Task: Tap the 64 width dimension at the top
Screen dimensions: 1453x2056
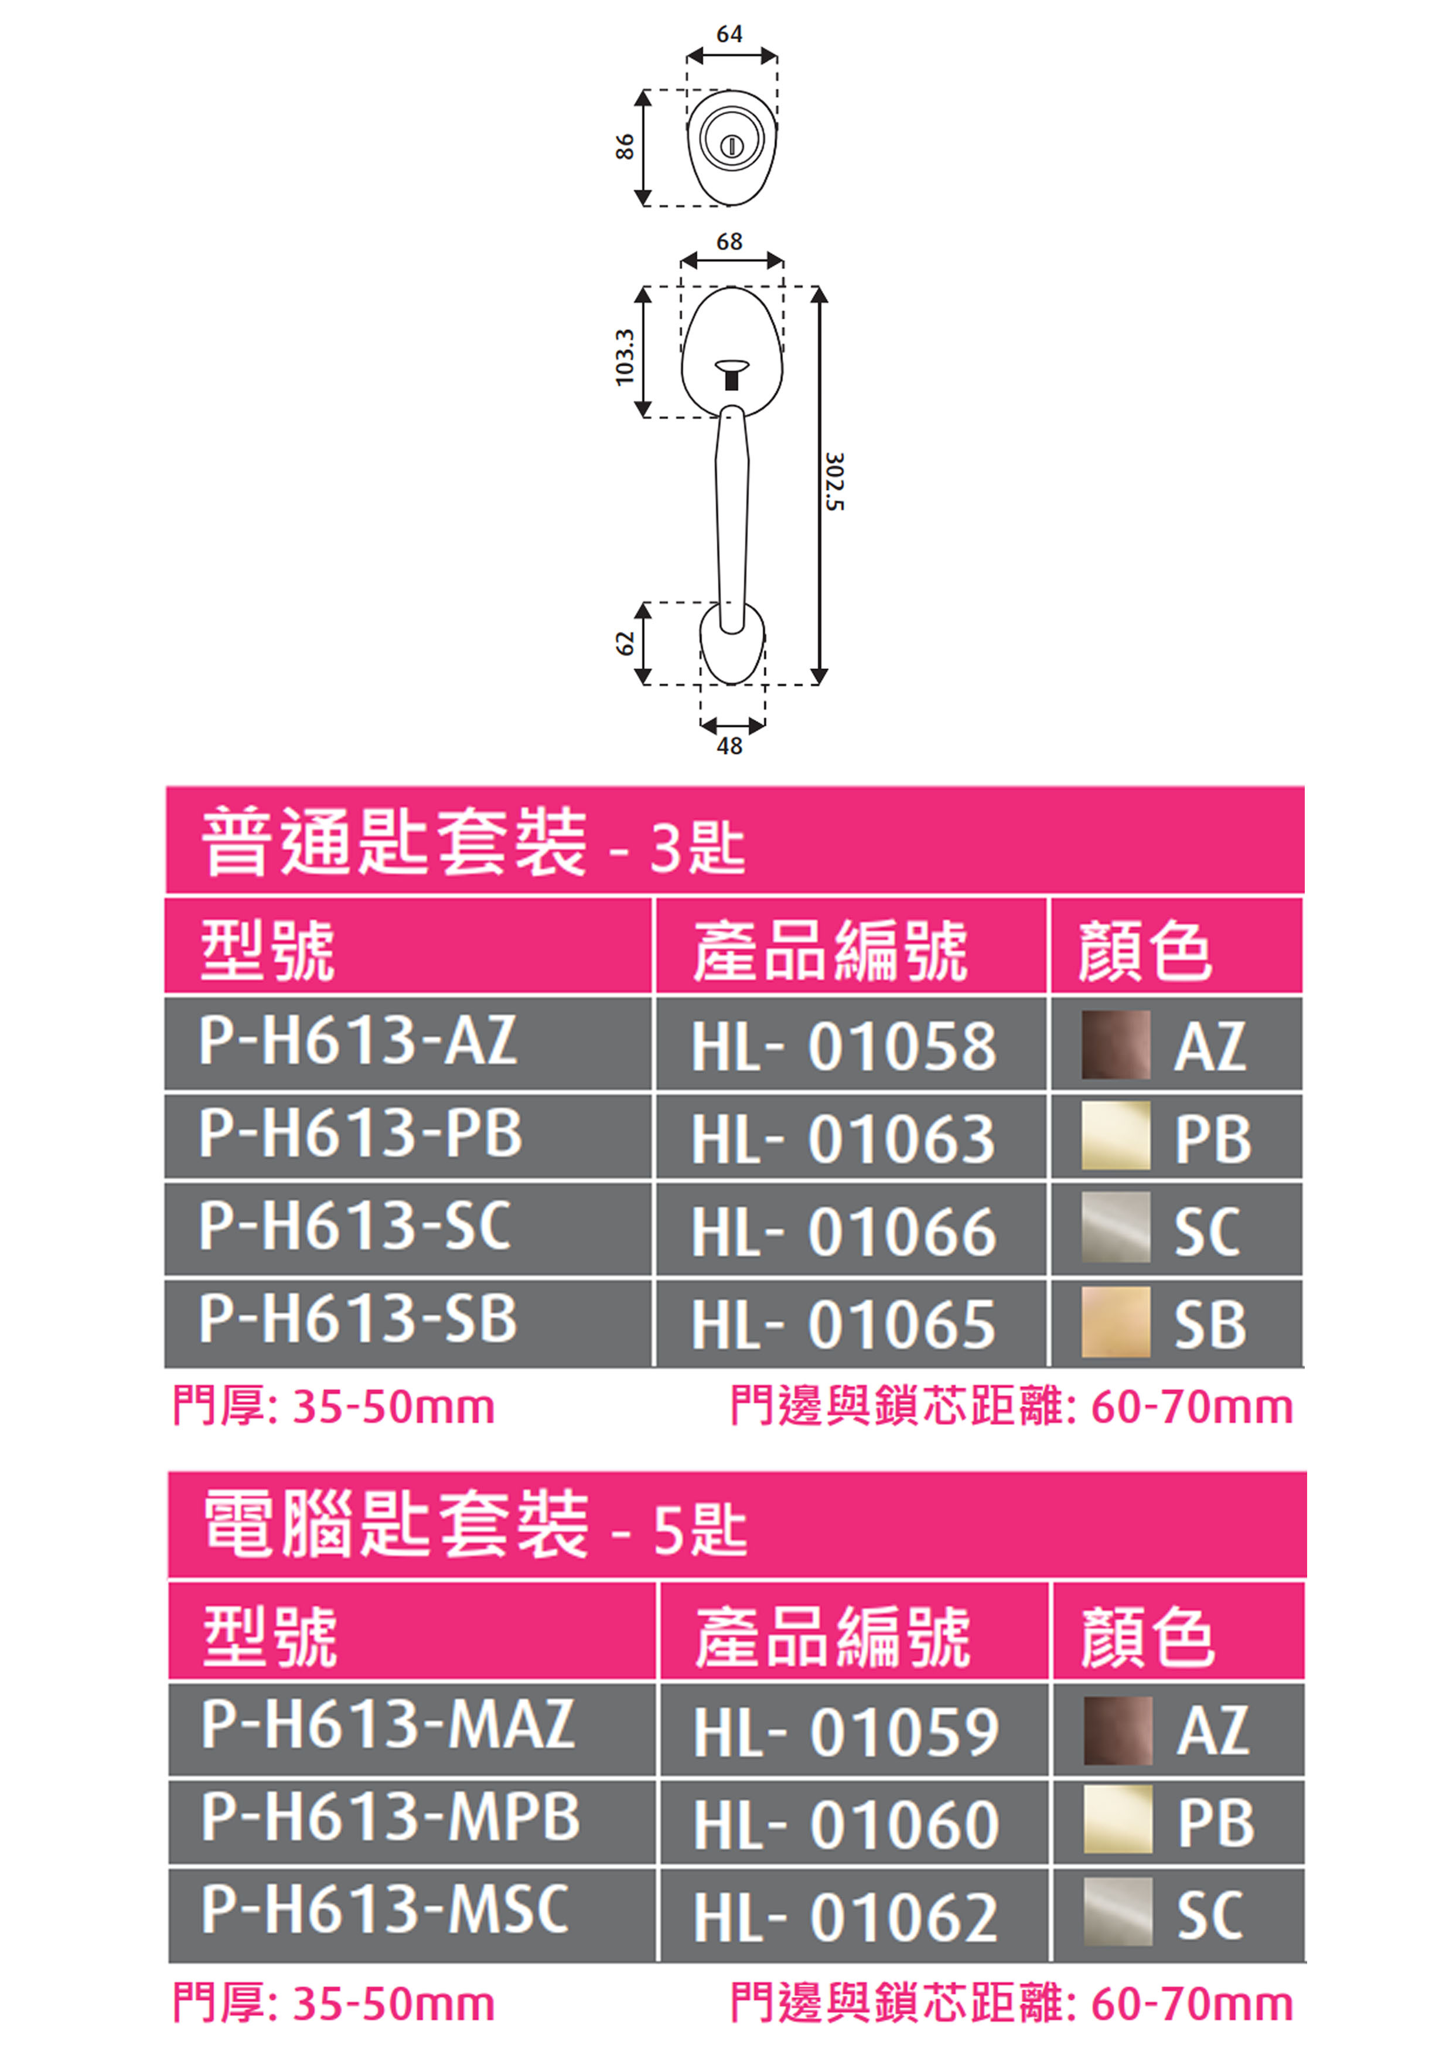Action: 729,34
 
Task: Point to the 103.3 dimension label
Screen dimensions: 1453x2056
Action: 625,356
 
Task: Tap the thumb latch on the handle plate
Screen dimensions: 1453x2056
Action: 731,373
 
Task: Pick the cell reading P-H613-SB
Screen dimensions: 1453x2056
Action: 358,1320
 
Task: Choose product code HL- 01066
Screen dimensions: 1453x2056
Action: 843,1232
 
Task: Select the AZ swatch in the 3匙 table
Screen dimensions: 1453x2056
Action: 1116,1045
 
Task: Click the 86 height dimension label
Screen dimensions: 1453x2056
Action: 625,147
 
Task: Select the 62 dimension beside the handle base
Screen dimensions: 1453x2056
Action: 625,643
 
